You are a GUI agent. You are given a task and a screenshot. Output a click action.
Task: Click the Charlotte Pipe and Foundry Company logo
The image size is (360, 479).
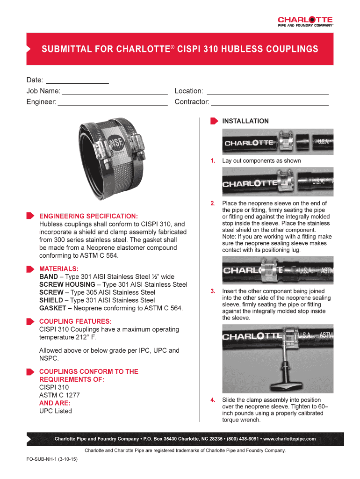click(x=305, y=22)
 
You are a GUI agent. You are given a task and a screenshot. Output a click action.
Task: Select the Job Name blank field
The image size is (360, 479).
click(x=114, y=91)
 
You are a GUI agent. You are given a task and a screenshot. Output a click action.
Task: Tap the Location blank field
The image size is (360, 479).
click(x=267, y=91)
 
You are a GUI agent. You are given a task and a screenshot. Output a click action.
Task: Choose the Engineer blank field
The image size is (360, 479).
click(x=112, y=102)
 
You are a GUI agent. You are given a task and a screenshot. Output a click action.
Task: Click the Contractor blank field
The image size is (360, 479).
click(x=270, y=102)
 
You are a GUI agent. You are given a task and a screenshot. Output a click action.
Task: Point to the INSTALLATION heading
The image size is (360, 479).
click(x=245, y=121)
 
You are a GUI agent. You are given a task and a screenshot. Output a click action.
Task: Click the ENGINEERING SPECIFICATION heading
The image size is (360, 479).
click(x=88, y=216)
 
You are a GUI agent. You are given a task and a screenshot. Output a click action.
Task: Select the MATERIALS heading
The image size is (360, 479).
click(x=59, y=269)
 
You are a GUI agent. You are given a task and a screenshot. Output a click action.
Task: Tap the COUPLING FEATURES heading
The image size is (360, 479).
click(x=75, y=321)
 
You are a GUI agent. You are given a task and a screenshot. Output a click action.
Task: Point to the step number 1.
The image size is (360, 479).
click(x=213, y=161)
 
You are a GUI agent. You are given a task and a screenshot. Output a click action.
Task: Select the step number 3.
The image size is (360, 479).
click(x=213, y=291)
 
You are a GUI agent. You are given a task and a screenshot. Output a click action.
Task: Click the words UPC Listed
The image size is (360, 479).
click(x=56, y=411)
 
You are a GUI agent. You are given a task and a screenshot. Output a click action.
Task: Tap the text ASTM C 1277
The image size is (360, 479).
click(x=59, y=395)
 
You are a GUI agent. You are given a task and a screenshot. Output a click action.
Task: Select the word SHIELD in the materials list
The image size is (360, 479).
click(x=51, y=300)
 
